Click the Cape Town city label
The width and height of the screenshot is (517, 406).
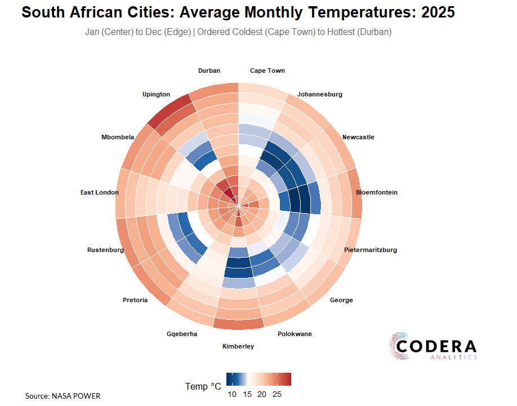267,71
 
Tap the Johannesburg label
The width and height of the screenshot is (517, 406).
320,95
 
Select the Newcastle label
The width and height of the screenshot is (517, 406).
358,138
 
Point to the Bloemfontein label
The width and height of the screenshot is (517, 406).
377,193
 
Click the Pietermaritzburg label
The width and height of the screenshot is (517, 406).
371,250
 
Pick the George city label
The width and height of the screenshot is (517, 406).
341,301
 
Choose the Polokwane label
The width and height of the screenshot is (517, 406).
295,334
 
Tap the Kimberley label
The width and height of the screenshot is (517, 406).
238,346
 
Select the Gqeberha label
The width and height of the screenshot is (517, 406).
182,334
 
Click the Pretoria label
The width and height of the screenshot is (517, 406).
135,301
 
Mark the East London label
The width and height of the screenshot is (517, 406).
100,193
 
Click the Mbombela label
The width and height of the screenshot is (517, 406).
118,138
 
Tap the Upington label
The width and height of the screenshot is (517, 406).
156,95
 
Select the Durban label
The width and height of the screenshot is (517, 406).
209,71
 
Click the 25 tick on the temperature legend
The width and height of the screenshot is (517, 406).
277,394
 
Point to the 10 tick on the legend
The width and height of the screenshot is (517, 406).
232,394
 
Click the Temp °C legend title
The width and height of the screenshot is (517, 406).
203,387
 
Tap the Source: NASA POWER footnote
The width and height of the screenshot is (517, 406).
63,396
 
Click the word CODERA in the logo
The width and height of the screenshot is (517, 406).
436,346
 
